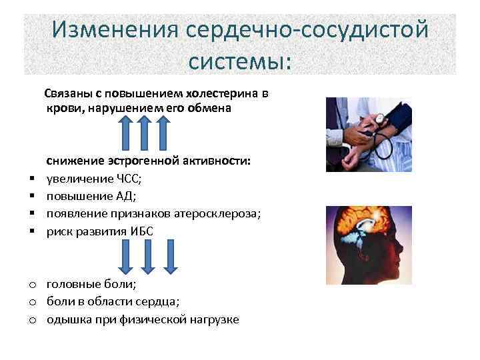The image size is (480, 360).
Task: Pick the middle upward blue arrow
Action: pos(145,131)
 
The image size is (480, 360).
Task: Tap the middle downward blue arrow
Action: pos(148,255)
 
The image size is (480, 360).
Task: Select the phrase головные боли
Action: pos(91,285)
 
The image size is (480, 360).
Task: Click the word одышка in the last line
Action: pos(68,319)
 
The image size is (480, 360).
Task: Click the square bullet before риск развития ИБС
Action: pos(31,231)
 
